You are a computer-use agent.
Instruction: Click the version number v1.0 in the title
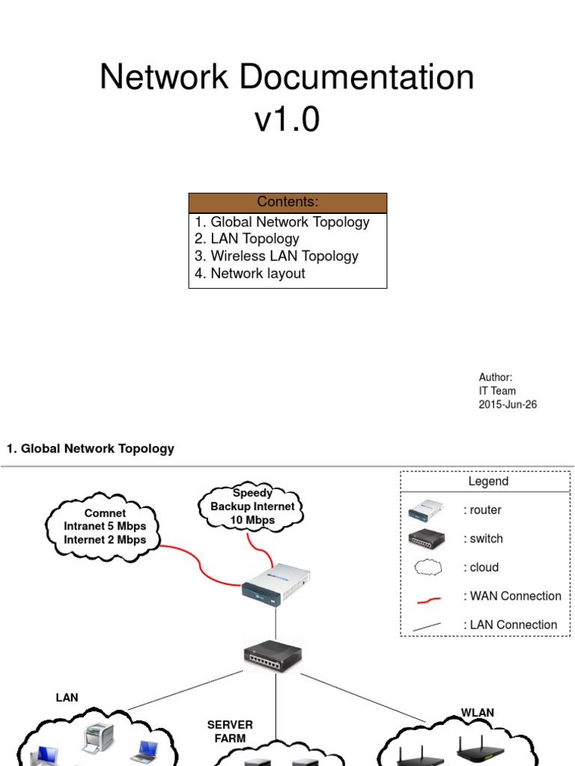[287, 120]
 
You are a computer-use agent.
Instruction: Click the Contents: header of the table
[287, 202]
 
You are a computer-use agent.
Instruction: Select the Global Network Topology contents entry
[282, 222]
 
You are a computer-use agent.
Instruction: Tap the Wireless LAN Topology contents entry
[276, 257]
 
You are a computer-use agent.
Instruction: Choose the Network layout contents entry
[250, 274]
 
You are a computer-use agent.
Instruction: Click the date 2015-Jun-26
[508, 405]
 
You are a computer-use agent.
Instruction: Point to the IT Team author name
[497, 391]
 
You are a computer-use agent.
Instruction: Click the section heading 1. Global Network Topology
[91, 449]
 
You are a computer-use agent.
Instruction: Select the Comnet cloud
[105, 527]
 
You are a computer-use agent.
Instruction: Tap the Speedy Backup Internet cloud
[252, 507]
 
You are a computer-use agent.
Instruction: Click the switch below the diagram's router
[273, 657]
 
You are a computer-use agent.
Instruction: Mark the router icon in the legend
[425, 510]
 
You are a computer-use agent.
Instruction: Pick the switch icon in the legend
[425, 539]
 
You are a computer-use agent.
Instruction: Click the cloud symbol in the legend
[425, 568]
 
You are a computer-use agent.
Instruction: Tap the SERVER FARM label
[230, 732]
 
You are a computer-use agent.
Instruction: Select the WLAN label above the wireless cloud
[477, 712]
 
